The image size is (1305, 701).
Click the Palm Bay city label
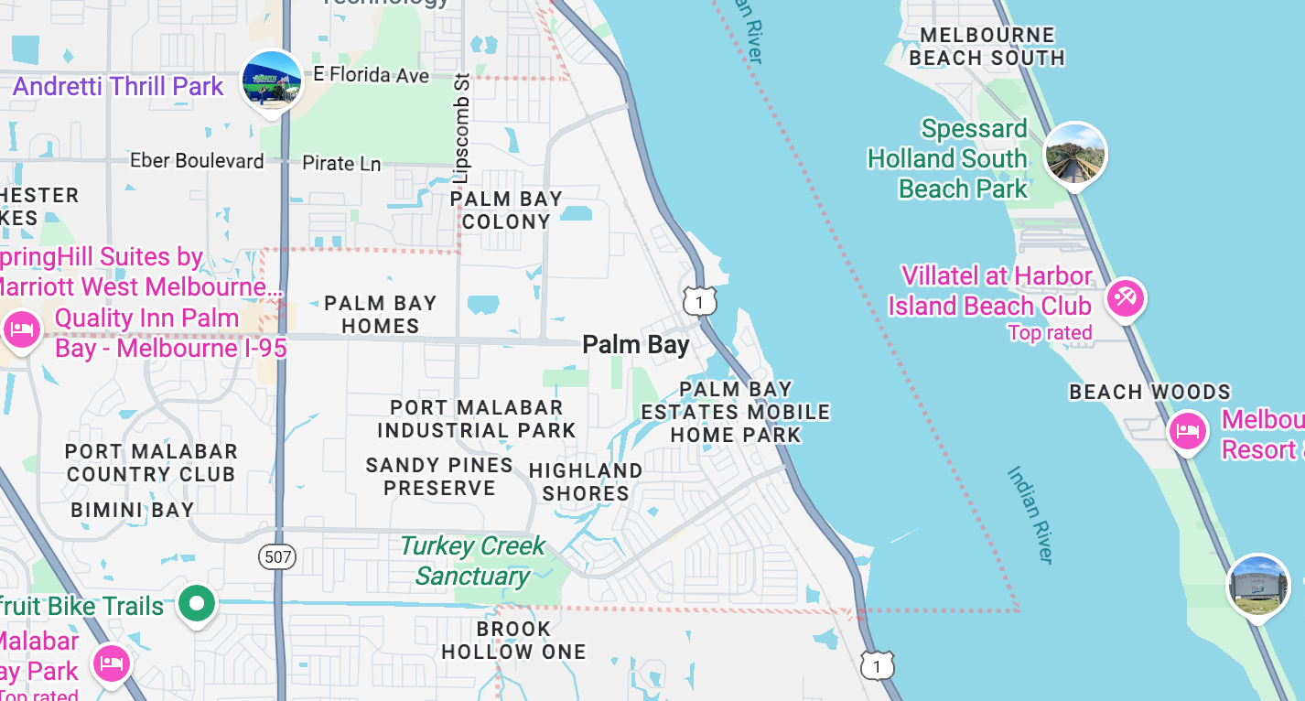pos(636,345)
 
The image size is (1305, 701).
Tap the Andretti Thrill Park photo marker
pos(272,81)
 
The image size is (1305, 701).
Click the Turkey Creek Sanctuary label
pos(472,561)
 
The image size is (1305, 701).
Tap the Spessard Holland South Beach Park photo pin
pos(1074,154)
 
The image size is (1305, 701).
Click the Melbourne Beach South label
pos(987,47)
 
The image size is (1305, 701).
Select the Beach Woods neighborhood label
pos(1150,393)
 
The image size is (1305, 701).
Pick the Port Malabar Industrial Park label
pos(476,418)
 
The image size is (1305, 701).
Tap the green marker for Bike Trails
pos(196,603)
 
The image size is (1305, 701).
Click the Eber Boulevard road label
pos(197,161)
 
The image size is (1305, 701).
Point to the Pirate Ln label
pos(341,164)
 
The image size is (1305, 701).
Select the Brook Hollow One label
pos(513,641)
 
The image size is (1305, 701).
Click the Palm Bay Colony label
pos(506,210)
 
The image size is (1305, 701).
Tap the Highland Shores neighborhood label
pos(586,482)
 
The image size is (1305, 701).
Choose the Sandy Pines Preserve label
pos(439,477)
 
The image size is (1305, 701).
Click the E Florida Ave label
pos(372,75)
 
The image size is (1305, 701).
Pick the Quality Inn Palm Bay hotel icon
pos(21,329)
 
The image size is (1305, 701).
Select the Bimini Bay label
pos(133,510)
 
